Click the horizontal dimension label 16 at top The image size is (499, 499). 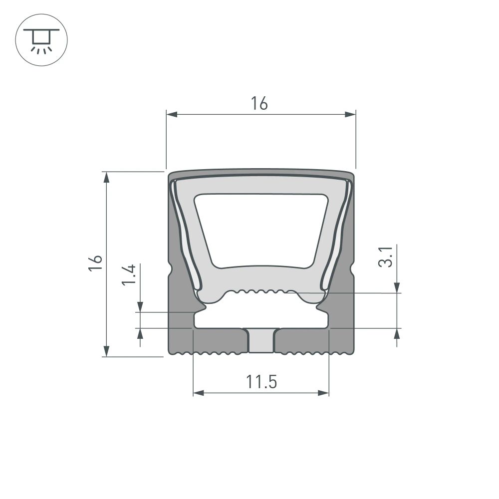259,103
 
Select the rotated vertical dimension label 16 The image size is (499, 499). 96,263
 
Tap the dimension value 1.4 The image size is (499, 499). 129,275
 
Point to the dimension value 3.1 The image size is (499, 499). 386,255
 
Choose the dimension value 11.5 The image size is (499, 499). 261,382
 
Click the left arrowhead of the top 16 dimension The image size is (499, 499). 172,115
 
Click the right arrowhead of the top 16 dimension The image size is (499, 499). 350,115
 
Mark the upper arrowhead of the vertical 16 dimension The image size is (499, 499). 106,178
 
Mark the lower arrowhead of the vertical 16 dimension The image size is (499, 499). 106,351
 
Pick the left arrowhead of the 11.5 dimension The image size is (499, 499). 199,393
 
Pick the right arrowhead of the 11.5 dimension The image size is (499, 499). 324,393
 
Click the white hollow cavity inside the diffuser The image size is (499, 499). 261,230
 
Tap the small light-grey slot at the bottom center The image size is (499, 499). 261,341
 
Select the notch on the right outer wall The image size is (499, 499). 352,270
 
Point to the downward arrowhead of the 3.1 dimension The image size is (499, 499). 397,287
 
